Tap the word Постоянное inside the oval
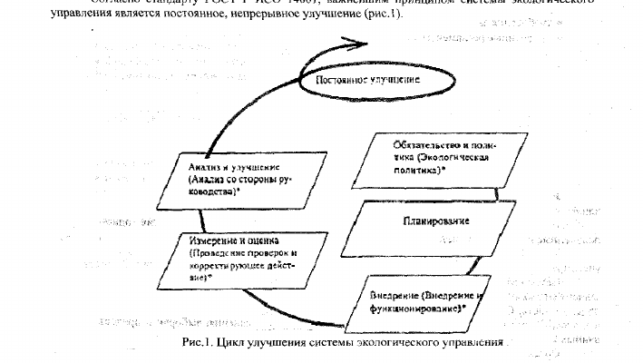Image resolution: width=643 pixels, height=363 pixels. (342, 82)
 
